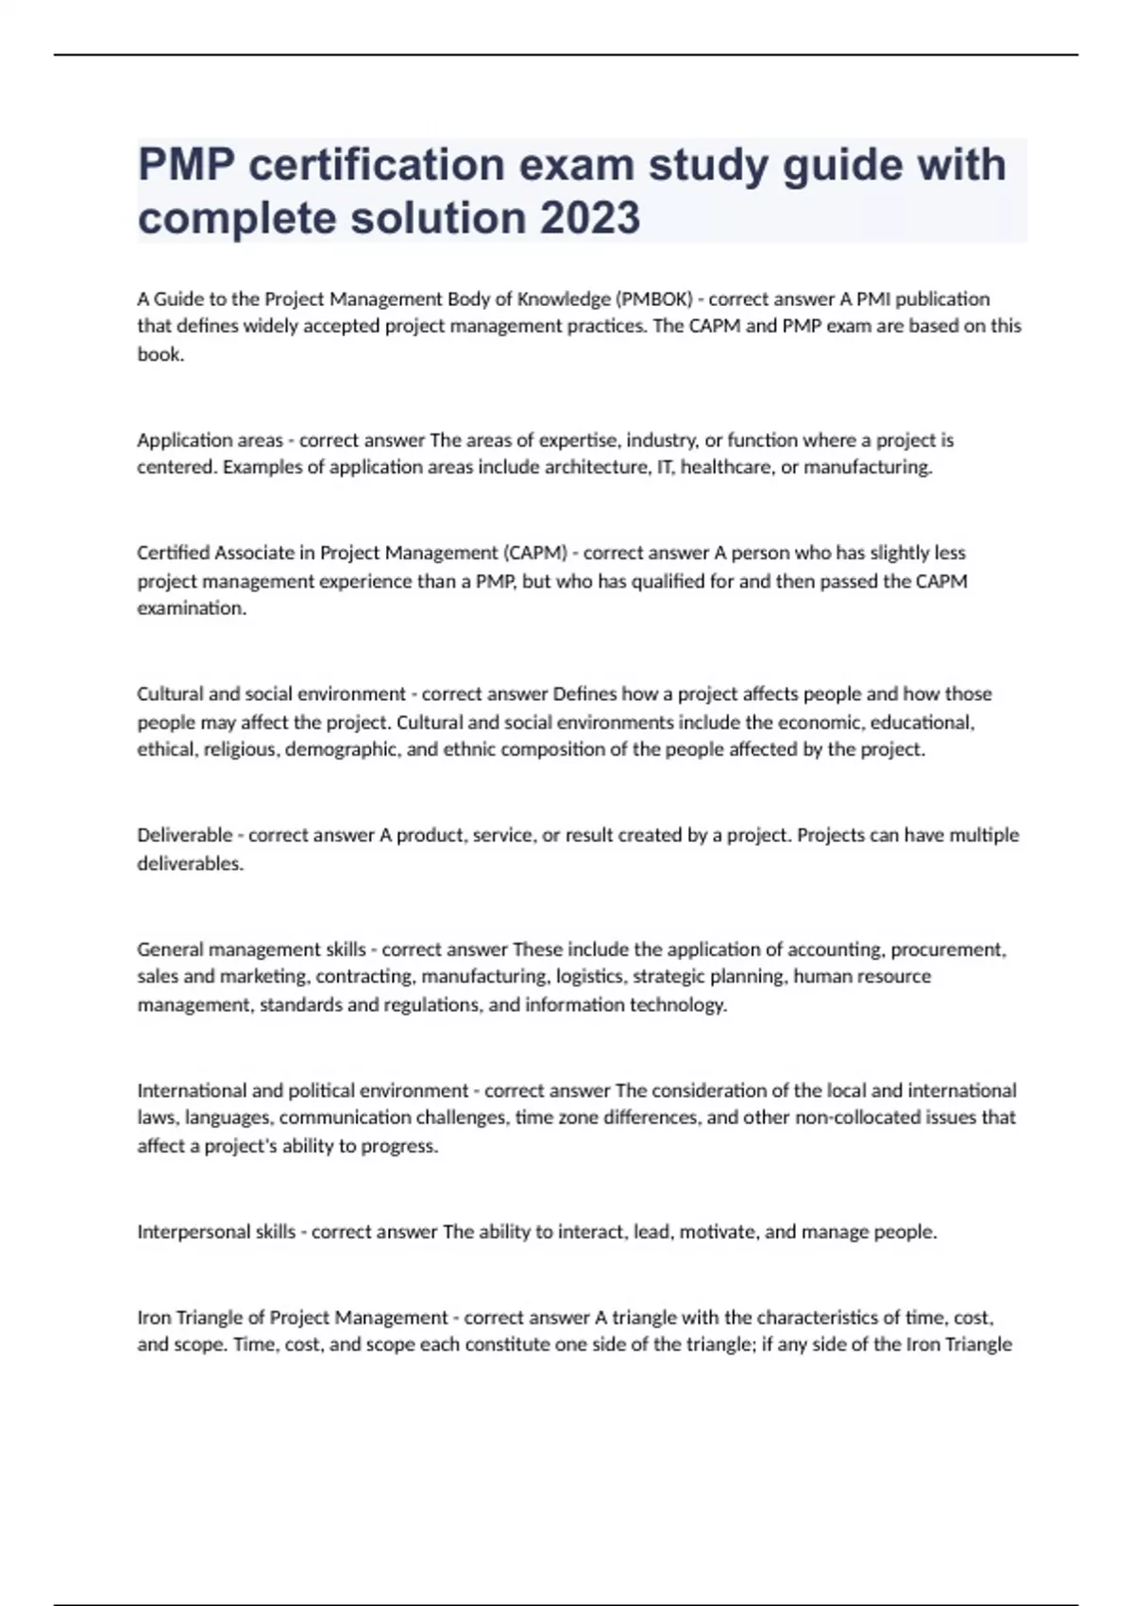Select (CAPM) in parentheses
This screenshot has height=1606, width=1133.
[535, 553]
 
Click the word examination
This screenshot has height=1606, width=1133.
[191, 608]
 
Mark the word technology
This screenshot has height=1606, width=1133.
[678, 1005]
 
